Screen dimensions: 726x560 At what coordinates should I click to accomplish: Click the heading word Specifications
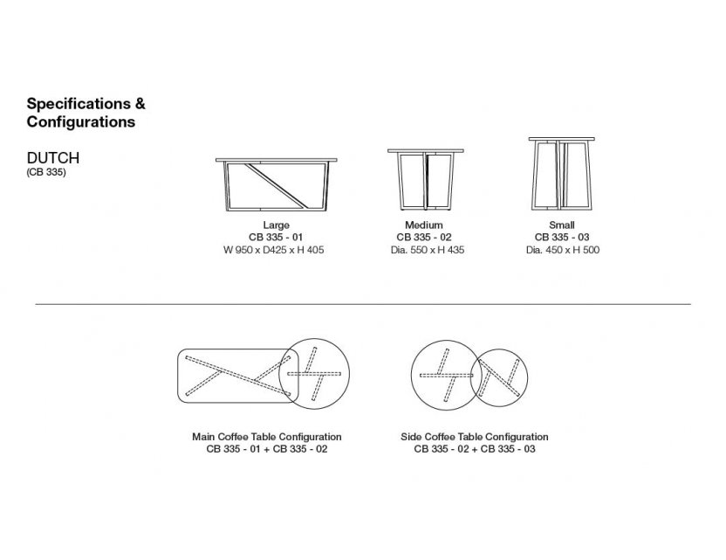click(x=79, y=104)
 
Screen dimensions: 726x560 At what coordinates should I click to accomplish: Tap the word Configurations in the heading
click(x=81, y=122)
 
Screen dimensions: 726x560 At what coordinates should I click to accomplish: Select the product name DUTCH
click(x=53, y=158)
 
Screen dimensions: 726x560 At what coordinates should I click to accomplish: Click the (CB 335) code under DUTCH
click(x=46, y=172)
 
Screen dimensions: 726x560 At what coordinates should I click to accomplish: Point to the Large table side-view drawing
click(x=277, y=184)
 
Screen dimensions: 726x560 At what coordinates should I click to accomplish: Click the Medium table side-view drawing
click(x=425, y=179)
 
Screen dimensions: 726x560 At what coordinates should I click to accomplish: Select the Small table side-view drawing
click(x=562, y=175)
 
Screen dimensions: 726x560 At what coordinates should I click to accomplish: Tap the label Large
click(x=277, y=225)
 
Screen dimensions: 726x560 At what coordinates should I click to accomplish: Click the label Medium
click(x=424, y=225)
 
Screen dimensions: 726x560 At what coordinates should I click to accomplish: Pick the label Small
click(x=562, y=225)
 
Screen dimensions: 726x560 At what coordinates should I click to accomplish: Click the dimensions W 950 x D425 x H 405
click(x=274, y=251)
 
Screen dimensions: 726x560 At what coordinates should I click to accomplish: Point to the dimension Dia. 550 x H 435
click(x=428, y=251)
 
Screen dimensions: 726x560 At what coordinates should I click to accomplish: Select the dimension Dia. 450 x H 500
click(x=563, y=251)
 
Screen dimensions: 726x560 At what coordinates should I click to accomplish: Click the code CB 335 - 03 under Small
click(x=562, y=238)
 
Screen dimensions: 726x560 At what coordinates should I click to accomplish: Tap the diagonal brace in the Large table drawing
click(x=276, y=185)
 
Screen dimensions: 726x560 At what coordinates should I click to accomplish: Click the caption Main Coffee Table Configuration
click(x=267, y=437)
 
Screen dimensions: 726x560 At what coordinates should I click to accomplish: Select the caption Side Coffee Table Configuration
click(x=475, y=437)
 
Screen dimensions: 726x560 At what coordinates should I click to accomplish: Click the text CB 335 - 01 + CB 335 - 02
click(x=267, y=449)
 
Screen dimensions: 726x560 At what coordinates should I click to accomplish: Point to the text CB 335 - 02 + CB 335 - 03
click(x=475, y=449)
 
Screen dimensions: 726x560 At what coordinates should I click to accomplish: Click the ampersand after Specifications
click(x=140, y=104)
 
